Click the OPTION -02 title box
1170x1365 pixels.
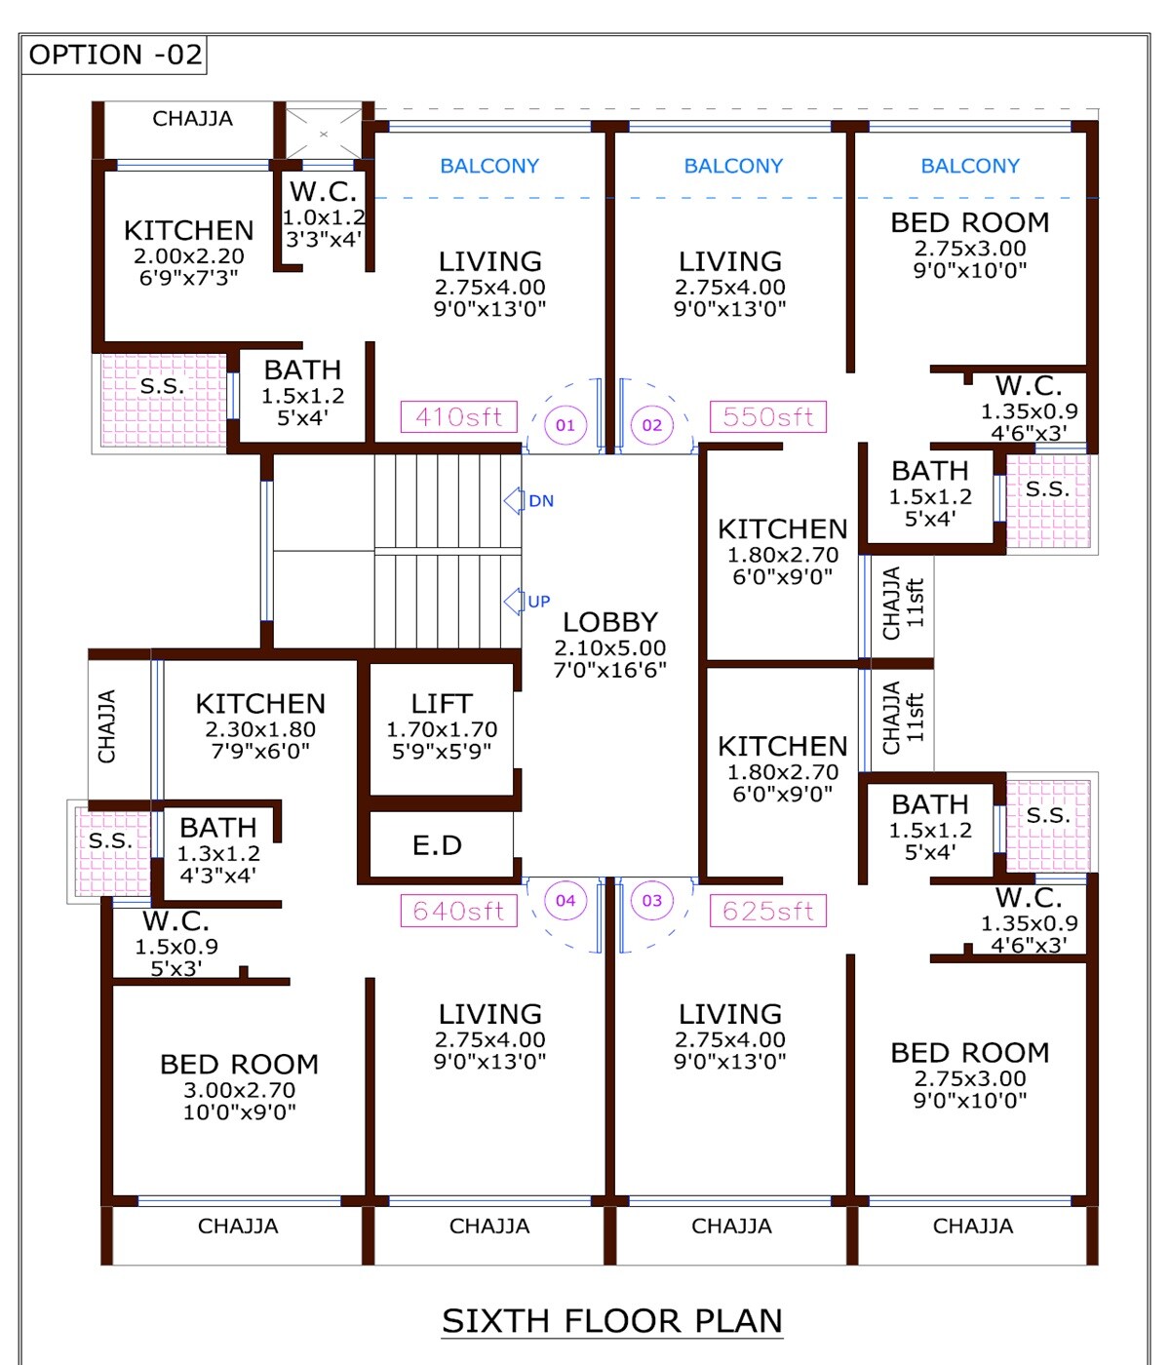click(114, 55)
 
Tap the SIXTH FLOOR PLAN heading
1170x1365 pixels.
click(612, 1321)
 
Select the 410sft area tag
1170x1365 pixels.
click(459, 416)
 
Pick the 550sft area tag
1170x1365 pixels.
click(768, 416)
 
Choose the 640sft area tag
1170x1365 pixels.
click(459, 911)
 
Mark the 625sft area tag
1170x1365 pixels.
click(768, 911)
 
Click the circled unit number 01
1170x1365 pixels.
click(565, 425)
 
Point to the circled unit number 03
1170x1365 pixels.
click(651, 900)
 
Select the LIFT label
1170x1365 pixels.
click(442, 703)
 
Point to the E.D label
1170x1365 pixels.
click(437, 845)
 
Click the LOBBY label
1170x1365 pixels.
click(610, 622)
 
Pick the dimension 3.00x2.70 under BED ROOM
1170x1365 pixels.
click(239, 1090)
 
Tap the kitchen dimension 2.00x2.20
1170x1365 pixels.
click(189, 255)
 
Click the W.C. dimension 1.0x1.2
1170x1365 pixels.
click(325, 217)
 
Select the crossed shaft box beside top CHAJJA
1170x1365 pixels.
click(324, 134)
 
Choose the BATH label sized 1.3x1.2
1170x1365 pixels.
click(217, 828)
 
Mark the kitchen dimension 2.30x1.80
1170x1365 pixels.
click(260, 729)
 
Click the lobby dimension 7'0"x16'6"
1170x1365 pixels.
click(610, 670)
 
